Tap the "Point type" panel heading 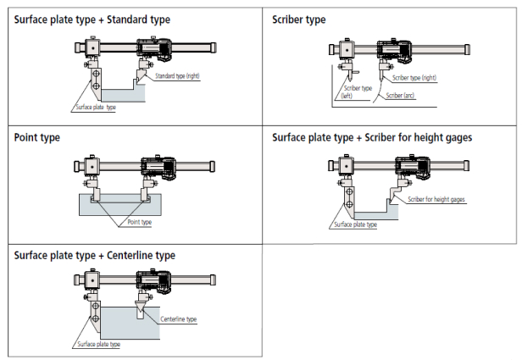[36, 136]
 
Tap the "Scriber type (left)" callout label [356, 91]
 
